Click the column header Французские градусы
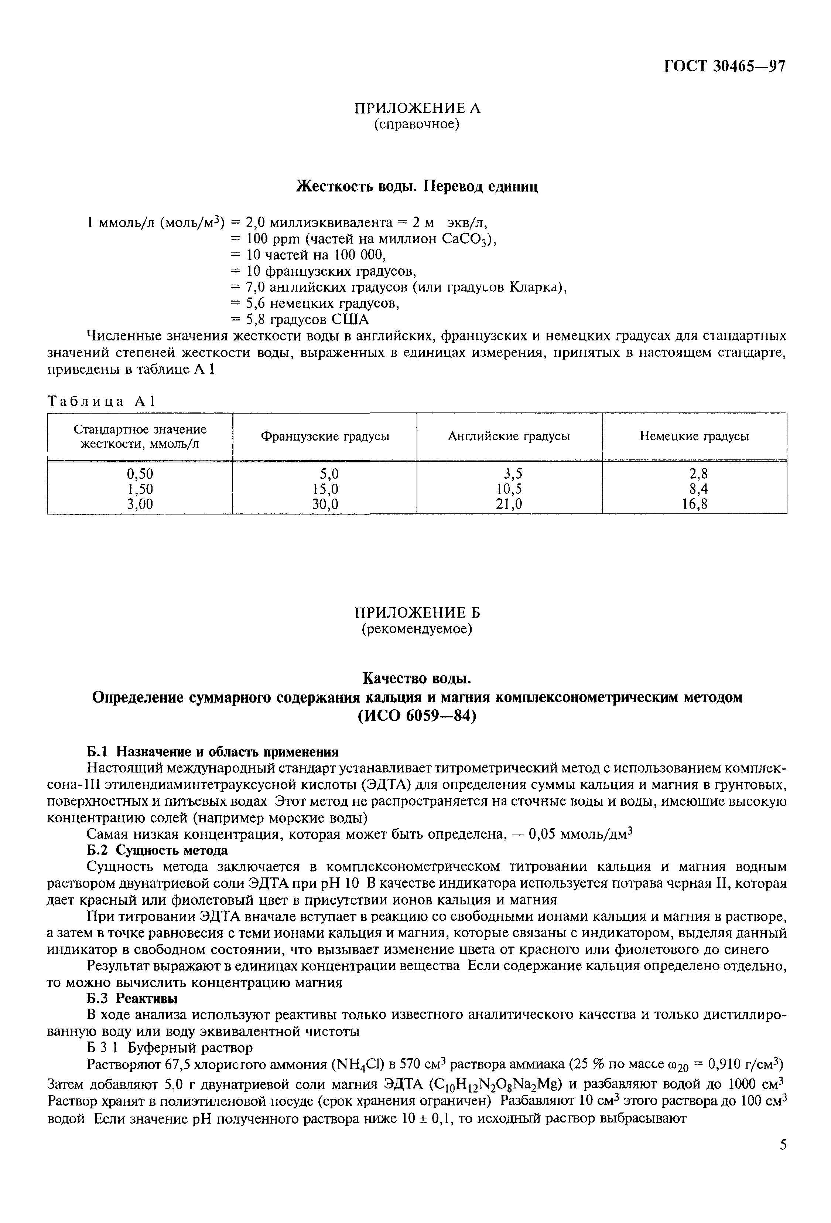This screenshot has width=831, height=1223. [x=325, y=436]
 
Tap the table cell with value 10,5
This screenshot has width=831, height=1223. [x=509, y=489]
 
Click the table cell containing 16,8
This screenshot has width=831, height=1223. [x=694, y=505]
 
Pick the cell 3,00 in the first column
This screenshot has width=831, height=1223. [x=140, y=505]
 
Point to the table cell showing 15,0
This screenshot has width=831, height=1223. [x=325, y=489]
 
